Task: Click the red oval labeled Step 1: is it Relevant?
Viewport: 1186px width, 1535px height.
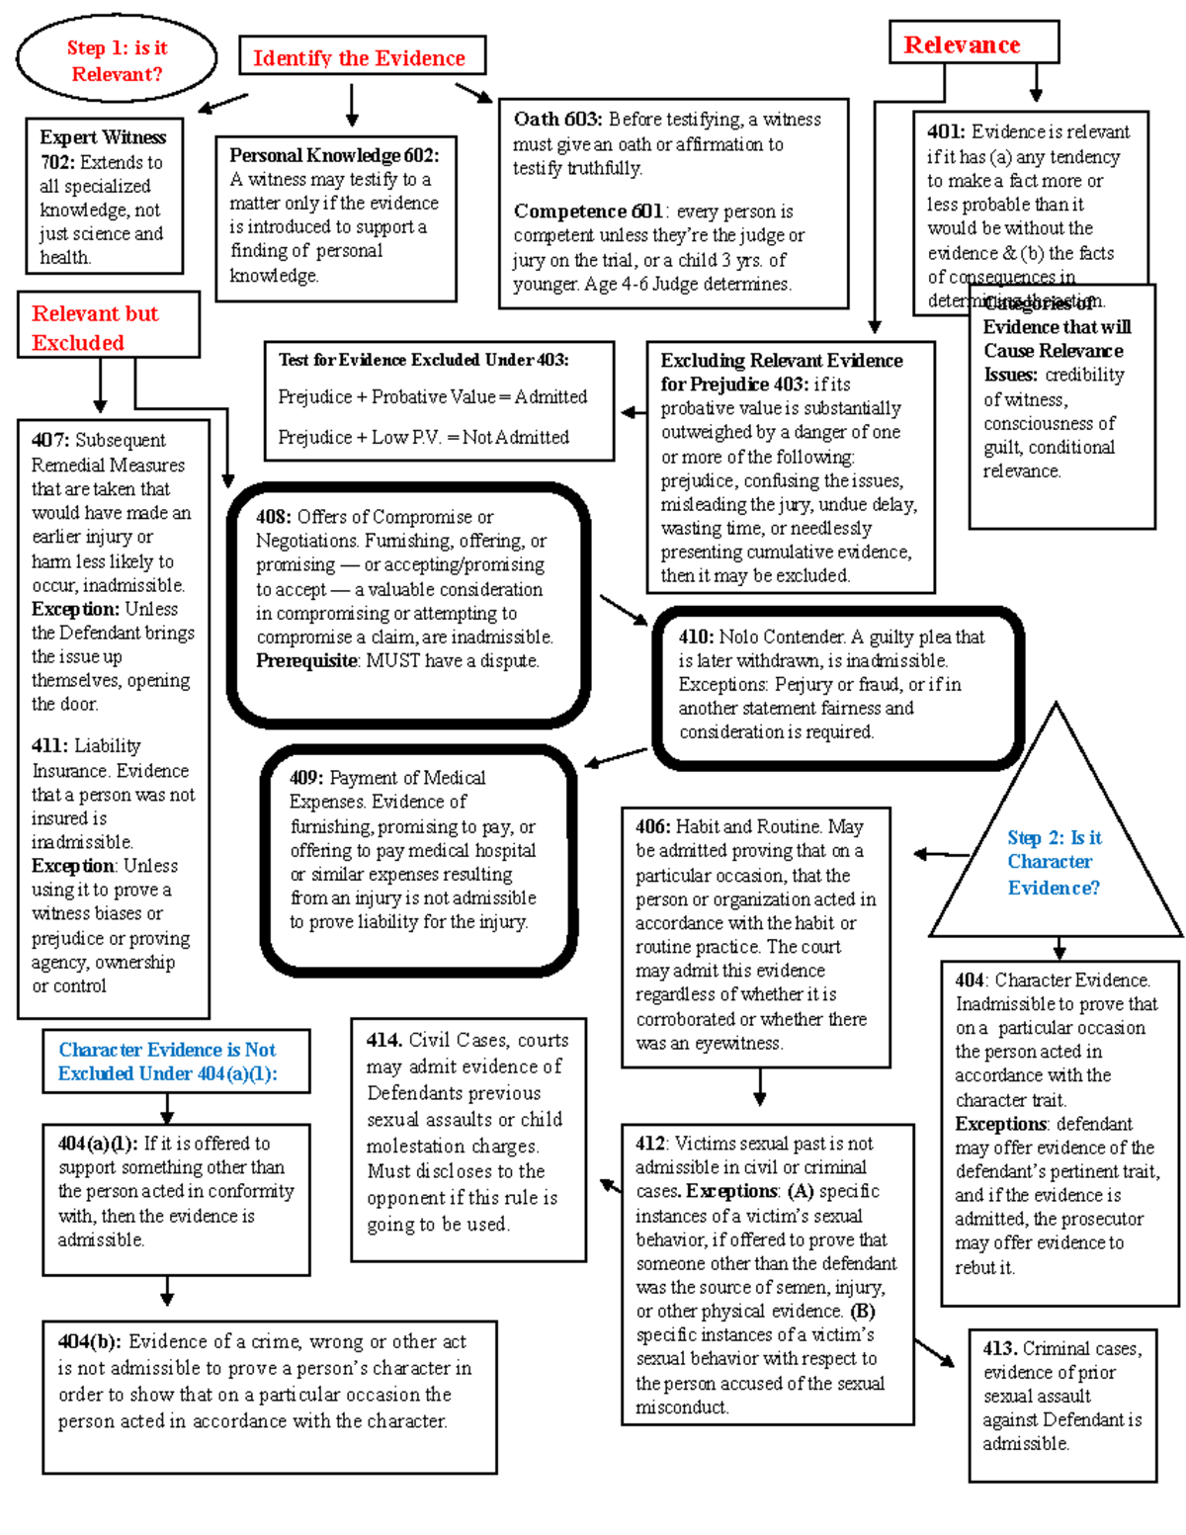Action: (117, 60)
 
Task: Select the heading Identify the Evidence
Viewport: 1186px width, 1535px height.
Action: (360, 58)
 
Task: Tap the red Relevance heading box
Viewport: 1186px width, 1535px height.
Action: (962, 44)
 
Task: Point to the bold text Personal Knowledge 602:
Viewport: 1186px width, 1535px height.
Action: (334, 155)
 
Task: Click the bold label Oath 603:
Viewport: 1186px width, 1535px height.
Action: (556, 119)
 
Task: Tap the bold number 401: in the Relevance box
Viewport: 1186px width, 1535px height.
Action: (946, 131)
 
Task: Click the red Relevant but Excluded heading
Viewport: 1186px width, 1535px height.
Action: (95, 327)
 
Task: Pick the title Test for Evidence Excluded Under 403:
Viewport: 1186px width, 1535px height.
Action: (423, 360)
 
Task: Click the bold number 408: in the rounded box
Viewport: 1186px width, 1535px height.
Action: (273, 517)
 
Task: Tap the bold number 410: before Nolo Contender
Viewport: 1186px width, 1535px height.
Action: (696, 637)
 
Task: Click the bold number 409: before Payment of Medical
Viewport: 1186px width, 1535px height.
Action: (306, 778)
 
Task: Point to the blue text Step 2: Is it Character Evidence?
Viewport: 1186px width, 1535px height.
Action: (1054, 862)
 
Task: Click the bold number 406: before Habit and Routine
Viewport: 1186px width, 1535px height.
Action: (653, 826)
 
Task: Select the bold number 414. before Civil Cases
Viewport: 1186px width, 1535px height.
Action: (383, 1040)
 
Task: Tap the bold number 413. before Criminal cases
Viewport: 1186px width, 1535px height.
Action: (1000, 1348)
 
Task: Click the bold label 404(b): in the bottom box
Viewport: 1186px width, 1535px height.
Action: (89, 1341)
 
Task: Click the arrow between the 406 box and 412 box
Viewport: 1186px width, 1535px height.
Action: (759, 1087)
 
